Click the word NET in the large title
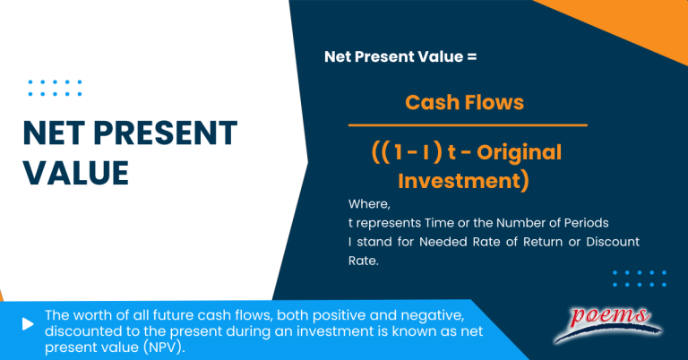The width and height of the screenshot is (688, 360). (x=55, y=133)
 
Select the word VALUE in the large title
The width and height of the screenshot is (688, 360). (x=75, y=170)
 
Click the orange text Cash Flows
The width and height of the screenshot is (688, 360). (x=464, y=102)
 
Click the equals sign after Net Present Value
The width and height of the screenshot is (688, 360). (x=472, y=56)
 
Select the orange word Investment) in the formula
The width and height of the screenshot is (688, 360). (x=463, y=181)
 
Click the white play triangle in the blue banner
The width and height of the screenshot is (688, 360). (x=29, y=323)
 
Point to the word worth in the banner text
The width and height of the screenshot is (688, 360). (x=90, y=314)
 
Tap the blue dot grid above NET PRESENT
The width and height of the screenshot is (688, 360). (x=55, y=88)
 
